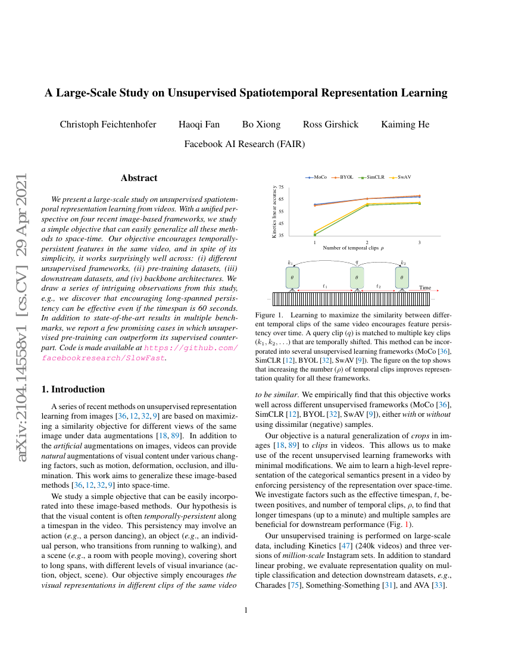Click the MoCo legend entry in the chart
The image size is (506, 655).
click(317, 177)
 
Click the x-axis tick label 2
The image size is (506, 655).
click(367, 242)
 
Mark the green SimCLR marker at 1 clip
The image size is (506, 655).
click(315, 235)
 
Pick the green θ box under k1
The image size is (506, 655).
click(292, 277)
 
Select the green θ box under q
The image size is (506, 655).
click(357, 277)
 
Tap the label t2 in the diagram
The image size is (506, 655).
click(379, 286)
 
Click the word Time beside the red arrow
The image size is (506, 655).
click(425, 288)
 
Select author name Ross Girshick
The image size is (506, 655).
click(330, 124)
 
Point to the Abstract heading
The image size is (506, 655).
click(139, 178)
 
